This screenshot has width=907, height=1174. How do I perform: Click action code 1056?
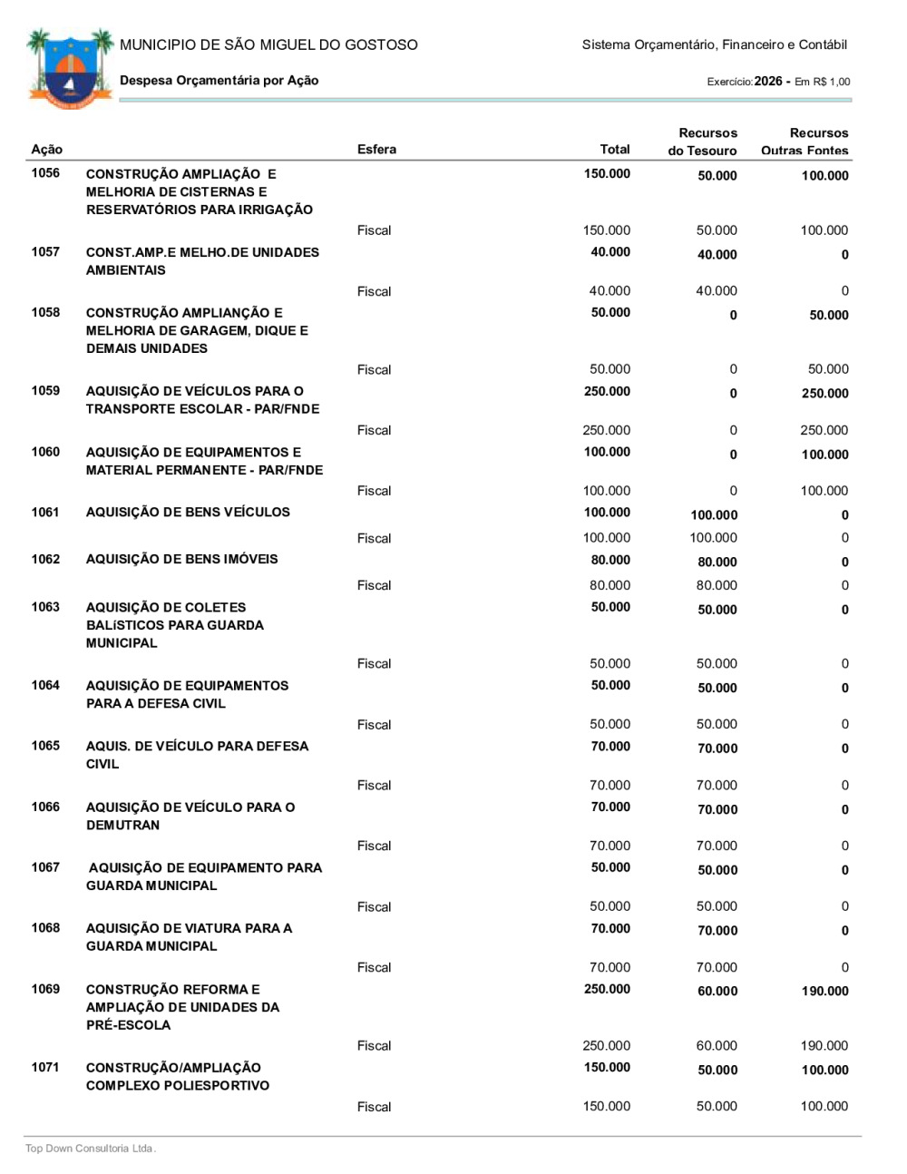(45, 173)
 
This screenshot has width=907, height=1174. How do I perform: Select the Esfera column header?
(376, 150)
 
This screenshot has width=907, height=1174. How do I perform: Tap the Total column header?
(614, 150)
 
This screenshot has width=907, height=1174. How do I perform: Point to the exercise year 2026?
(767, 82)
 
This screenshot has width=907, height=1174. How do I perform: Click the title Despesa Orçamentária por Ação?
(219, 81)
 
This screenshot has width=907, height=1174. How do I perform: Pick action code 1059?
(45, 391)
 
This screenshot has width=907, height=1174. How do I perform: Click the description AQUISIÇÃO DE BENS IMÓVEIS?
(181, 560)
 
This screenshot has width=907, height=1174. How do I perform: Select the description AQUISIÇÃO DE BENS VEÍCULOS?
(188, 513)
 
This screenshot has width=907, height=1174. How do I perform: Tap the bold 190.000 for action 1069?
(824, 992)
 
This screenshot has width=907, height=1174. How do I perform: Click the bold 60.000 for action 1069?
(717, 992)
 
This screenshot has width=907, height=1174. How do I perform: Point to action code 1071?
(45, 1068)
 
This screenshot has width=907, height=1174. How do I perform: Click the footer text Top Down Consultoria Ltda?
(91, 1149)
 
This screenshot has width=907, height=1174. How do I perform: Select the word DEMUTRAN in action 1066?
(122, 826)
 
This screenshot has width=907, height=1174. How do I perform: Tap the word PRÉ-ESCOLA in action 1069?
(128, 1025)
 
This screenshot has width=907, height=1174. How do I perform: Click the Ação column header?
(47, 150)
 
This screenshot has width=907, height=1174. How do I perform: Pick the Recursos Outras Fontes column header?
(805, 142)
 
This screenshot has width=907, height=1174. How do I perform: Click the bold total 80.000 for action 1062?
(610, 561)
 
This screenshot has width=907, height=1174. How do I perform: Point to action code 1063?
(45, 608)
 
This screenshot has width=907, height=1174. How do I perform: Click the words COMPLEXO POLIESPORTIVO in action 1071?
(178, 1086)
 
